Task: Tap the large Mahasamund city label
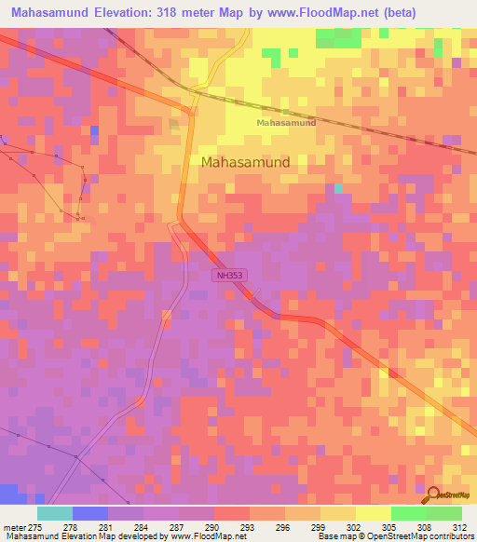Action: click(246, 161)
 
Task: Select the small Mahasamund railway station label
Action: click(286, 123)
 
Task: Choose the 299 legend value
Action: click(318, 527)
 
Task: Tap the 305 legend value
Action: click(389, 527)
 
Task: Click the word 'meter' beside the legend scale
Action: click(14, 527)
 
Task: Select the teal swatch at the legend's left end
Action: click(54, 513)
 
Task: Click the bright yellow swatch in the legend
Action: click(373, 513)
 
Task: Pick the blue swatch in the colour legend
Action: click(89, 513)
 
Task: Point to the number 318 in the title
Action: click(158, 12)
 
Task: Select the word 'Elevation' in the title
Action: click(109, 12)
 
